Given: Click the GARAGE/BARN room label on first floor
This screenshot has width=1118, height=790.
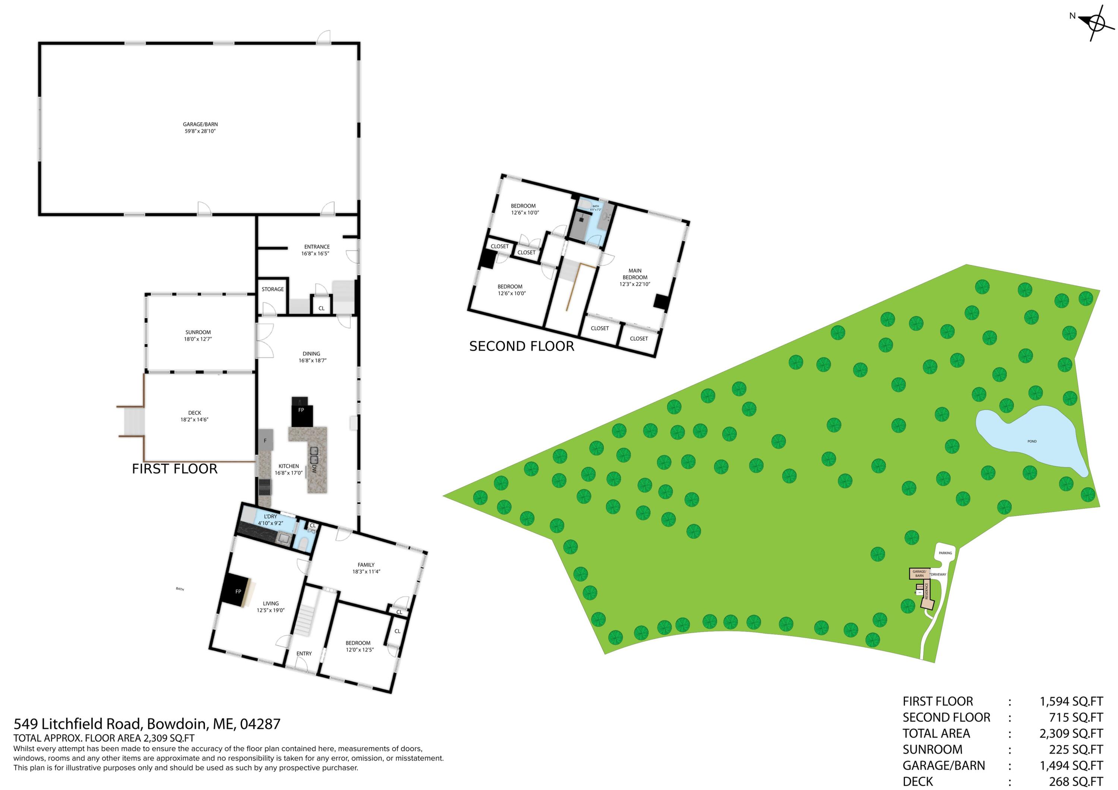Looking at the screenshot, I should click(x=200, y=124).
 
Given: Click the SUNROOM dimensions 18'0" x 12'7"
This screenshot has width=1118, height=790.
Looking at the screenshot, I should click(x=198, y=339).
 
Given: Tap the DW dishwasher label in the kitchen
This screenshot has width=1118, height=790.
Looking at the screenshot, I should click(x=314, y=469).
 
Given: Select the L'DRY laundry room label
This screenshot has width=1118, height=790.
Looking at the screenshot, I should click(x=270, y=516).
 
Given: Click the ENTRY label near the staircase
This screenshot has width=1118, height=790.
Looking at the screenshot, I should click(x=304, y=654).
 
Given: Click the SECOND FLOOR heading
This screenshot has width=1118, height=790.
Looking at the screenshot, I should click(x=521, y=346).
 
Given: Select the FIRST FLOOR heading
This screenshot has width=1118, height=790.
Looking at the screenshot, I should click(x=174, y=469).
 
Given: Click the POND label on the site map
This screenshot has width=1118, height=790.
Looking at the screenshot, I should click(x=1032, y=441).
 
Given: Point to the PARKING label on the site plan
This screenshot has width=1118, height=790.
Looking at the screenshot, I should click(x=945, y=553).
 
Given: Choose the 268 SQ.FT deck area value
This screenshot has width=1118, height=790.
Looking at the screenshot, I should click(x=1075, y=782).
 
